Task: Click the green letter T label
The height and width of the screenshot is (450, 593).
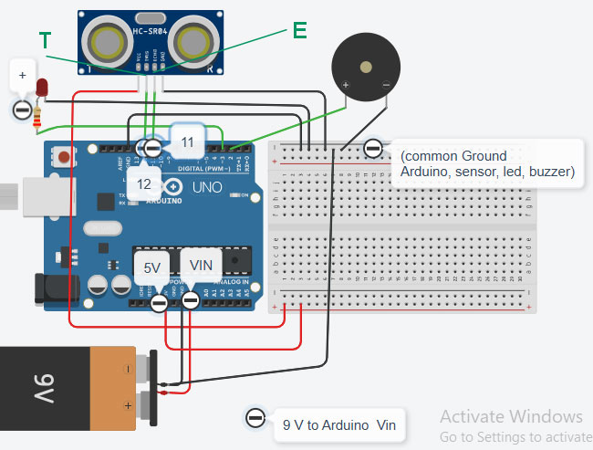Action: click(46, 39)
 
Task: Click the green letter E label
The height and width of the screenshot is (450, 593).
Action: click(299, 30)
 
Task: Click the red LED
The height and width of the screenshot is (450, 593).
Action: click(42, 88)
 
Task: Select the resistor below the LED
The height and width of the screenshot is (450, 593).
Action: click(37, 117)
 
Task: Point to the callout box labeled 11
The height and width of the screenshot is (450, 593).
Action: click(186, 142)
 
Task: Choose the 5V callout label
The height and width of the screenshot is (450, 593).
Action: click(151, 267)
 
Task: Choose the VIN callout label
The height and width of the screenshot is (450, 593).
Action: click(200, 265)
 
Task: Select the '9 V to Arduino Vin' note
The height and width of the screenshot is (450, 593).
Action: click(338, 424)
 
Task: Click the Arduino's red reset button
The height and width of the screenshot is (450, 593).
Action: click(63, 157)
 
